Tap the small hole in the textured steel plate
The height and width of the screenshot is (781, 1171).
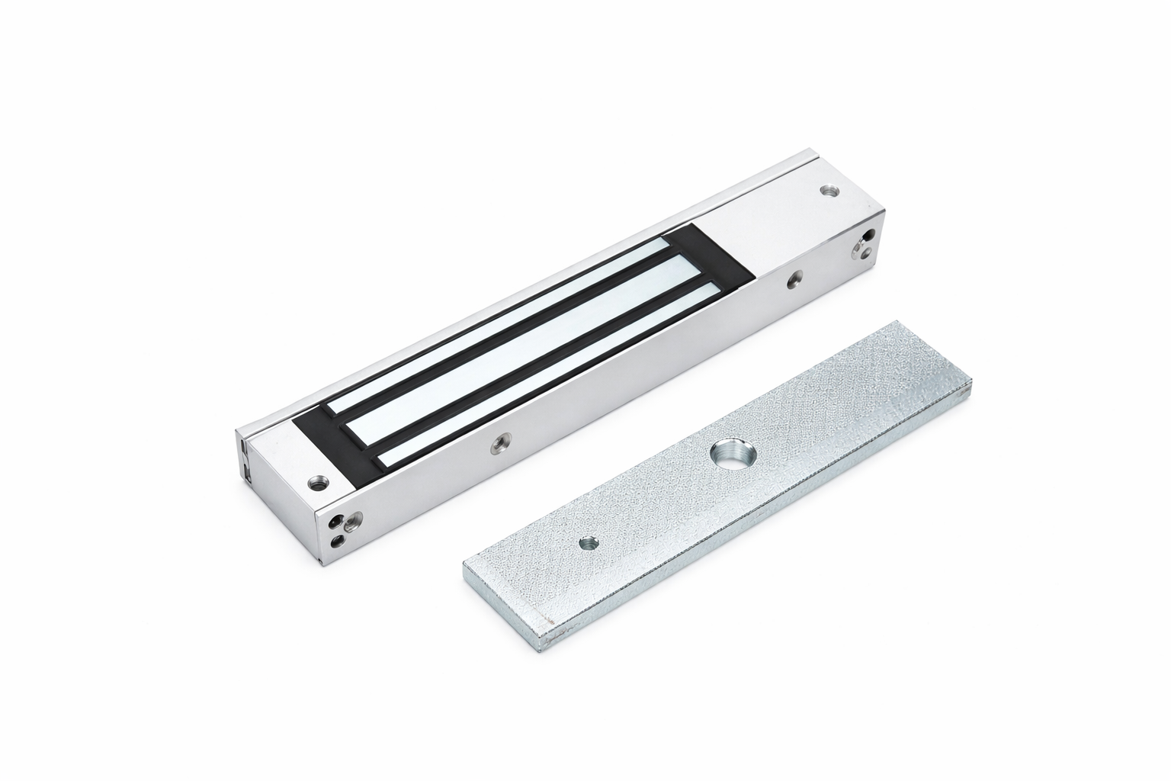coord(587,544)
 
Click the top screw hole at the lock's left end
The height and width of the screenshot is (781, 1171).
coord(316,482)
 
